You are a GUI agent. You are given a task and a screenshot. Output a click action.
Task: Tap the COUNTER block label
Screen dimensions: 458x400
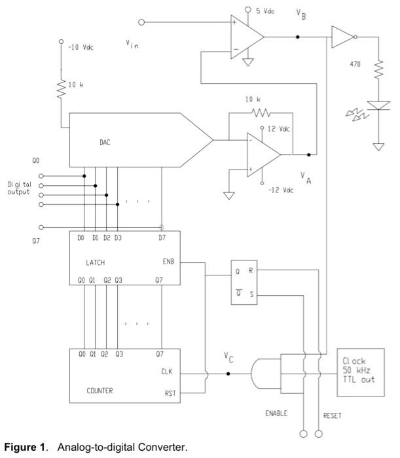100,391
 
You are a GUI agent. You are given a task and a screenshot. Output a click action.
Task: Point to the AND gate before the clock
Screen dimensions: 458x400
264,374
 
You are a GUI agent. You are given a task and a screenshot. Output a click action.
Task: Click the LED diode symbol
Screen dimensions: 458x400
378,105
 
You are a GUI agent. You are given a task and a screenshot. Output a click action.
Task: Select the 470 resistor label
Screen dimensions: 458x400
356,65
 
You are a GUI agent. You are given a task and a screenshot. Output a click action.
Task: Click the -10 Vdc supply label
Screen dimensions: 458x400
81,48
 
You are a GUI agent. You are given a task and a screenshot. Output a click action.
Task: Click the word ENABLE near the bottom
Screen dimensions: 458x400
277,414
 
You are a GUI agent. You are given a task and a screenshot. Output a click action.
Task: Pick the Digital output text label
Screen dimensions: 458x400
19,188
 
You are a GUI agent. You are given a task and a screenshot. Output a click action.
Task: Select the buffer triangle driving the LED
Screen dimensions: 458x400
341,37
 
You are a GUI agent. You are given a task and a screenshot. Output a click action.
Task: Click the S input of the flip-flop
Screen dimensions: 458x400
251,295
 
